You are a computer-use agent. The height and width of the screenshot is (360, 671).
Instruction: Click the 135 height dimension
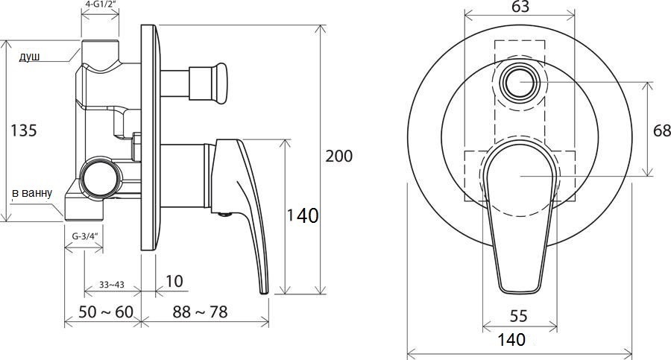(x=24, y=130)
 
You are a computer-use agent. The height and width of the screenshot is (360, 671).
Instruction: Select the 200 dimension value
(x=339, y=157)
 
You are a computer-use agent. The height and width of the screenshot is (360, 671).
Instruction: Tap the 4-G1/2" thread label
(x=100, y=4)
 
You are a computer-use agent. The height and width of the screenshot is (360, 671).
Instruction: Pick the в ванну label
(x=32, y=194)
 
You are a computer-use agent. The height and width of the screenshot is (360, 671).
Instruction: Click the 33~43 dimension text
(x=112, y=284)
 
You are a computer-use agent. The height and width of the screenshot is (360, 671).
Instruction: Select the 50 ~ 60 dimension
(x=106, y=312)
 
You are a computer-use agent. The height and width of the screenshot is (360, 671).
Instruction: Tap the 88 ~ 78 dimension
(x=201, y=312)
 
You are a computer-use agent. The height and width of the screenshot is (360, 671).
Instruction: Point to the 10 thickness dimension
(x=174, y=281)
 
